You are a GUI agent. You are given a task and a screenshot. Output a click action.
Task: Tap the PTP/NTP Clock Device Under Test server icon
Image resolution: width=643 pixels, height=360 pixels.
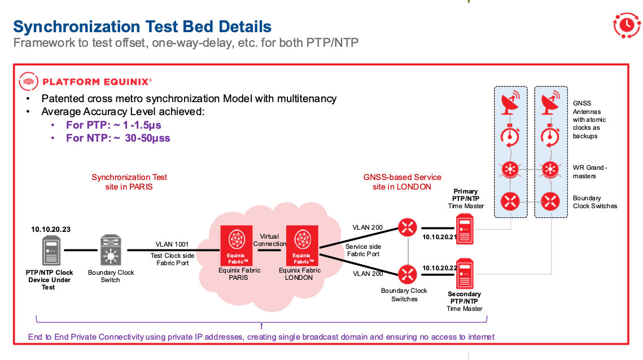point(50,251)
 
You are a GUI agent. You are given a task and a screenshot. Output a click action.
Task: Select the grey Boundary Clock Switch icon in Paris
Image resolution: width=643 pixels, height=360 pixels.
point(111,251)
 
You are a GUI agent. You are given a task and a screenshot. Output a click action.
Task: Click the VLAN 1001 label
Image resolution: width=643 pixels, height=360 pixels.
point(172,245)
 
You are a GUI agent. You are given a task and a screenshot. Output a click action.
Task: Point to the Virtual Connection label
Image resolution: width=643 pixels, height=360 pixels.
point(269,240)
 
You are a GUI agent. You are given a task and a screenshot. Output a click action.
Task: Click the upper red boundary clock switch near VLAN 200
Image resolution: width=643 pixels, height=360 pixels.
point(406,227)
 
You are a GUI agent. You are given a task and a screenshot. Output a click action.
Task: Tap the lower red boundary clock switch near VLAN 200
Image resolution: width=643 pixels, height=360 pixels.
point(406,275)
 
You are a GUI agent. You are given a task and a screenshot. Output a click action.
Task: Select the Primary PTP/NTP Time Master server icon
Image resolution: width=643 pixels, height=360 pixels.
point(465,229)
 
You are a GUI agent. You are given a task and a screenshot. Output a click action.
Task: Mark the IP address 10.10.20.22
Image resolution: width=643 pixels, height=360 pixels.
point(440,267)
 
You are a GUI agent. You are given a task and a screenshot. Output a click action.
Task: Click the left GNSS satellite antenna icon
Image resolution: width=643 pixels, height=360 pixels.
point(510,103)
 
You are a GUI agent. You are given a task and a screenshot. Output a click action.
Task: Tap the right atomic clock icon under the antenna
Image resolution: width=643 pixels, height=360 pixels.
point(550,136)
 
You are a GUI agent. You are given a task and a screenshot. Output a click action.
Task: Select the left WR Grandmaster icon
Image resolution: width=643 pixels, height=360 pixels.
point(510,169)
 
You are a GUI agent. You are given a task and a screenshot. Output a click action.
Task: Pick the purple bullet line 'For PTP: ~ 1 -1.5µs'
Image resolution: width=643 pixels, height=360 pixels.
point(113,125)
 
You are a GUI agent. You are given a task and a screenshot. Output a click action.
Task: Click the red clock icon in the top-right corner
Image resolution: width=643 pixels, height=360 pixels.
point(626,25)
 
